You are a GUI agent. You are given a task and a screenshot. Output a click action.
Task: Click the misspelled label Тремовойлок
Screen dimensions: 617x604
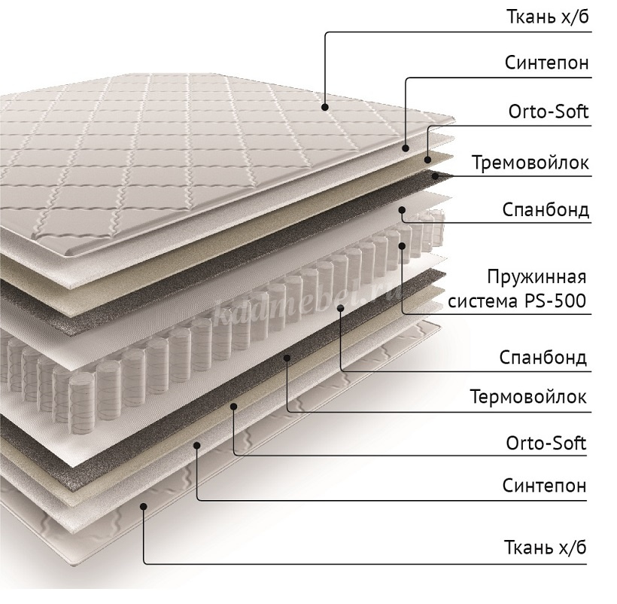[530, 162]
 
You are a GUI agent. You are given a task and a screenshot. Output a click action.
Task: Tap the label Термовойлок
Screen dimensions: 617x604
[528, 396]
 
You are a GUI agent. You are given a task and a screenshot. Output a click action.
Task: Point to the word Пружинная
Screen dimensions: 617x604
[536, 277]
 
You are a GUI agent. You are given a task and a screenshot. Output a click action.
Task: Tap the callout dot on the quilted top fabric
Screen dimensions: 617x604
[324, 107]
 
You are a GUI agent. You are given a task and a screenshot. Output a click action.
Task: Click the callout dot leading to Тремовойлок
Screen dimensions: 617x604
[435, 175]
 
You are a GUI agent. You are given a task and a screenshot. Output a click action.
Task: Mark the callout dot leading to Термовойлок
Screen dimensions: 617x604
[287, 358]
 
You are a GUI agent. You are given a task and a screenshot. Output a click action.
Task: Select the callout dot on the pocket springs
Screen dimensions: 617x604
[402, 246]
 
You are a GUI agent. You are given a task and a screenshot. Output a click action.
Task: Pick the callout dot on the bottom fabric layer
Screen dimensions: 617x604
[144, 506]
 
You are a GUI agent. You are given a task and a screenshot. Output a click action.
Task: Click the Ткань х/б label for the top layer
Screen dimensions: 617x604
[547, 17]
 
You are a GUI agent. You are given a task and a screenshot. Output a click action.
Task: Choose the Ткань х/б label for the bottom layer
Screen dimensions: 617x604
[546, 548]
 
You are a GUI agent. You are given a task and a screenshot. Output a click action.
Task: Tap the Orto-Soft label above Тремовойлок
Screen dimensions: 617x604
[549, 111]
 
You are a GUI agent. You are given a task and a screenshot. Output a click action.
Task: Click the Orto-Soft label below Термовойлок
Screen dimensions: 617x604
[546, 443]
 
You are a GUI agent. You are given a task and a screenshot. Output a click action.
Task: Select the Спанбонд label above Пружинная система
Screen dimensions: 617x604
[546, 210]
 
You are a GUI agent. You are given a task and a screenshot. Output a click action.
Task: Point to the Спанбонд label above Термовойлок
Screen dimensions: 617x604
[543, 358]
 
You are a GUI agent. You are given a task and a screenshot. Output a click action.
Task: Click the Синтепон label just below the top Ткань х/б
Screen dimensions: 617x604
[547, 63]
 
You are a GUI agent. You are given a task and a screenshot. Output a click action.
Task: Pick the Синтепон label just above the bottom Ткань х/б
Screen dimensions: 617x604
[545, 486]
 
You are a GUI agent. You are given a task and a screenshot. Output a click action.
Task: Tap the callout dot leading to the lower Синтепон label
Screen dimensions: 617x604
[196, 445]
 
